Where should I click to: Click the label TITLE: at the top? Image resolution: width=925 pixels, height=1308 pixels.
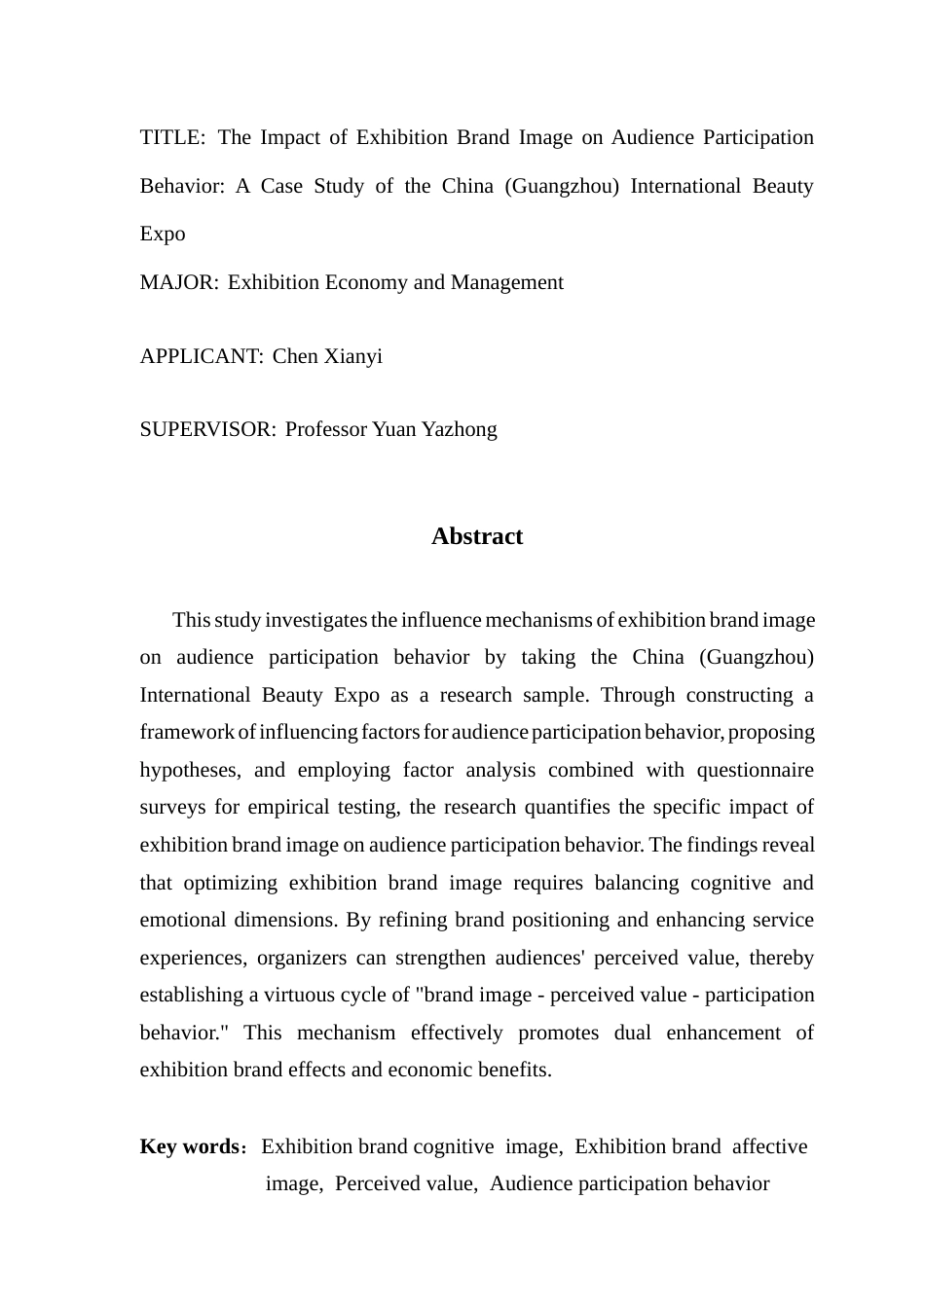point(172,137)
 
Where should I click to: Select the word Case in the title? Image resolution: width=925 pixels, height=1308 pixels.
point(281,186)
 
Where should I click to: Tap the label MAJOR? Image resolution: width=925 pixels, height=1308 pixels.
point(179,282)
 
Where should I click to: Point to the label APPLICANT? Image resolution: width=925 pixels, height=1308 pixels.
point(202,356)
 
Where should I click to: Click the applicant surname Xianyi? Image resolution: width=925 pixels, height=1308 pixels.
point(353,356)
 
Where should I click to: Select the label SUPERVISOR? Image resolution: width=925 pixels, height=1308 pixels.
point(207,429)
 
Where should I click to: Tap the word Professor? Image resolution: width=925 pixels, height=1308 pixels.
point(326,429)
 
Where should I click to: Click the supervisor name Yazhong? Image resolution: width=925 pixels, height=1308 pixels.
point(459,429)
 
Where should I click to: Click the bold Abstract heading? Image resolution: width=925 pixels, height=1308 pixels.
point(477,536)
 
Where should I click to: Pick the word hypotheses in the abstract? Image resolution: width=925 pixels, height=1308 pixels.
point(190,770)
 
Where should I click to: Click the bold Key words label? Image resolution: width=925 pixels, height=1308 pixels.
point(190,1146)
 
